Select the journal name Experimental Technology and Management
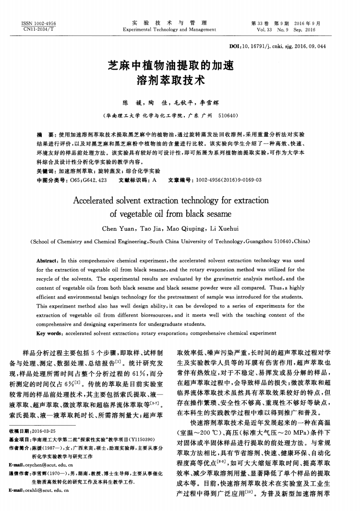pos(169,29)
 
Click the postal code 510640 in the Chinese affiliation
pos(228,116)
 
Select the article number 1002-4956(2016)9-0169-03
pos(227,180)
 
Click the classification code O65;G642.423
pos(85,180)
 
